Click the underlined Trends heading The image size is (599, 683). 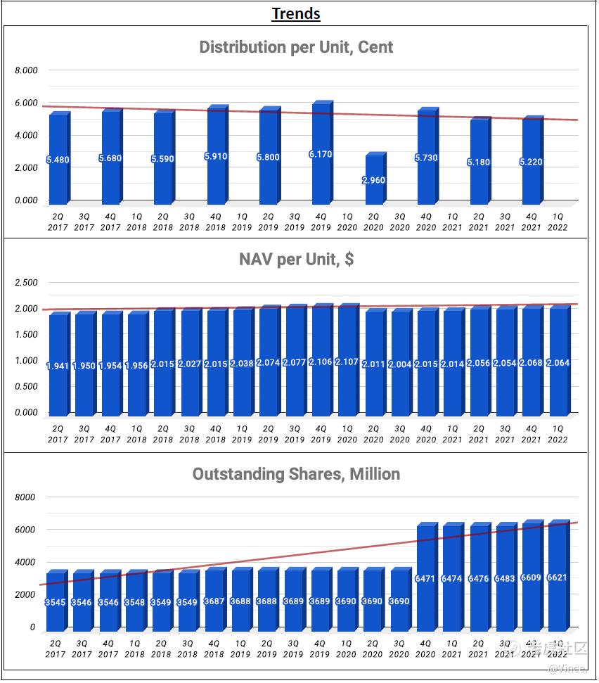(x=296, y=13)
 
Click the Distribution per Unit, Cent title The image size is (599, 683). (x=296, y=47)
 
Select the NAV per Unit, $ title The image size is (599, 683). (x=296, y=260)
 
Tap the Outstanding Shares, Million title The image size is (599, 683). (x=296, y=474)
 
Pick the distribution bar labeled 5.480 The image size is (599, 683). (x=58, y=158)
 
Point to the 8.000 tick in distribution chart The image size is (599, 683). (x=27, y=70)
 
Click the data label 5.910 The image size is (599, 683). (x=216, y=156)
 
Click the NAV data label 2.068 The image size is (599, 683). (x=532, y=362)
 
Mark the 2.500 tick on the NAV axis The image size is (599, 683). (x=27, y=283)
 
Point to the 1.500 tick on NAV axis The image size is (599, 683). (x=27, y=335)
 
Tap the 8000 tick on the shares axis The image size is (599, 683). (x=25, y=497)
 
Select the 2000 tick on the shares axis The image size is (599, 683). (x=25, y=595)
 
